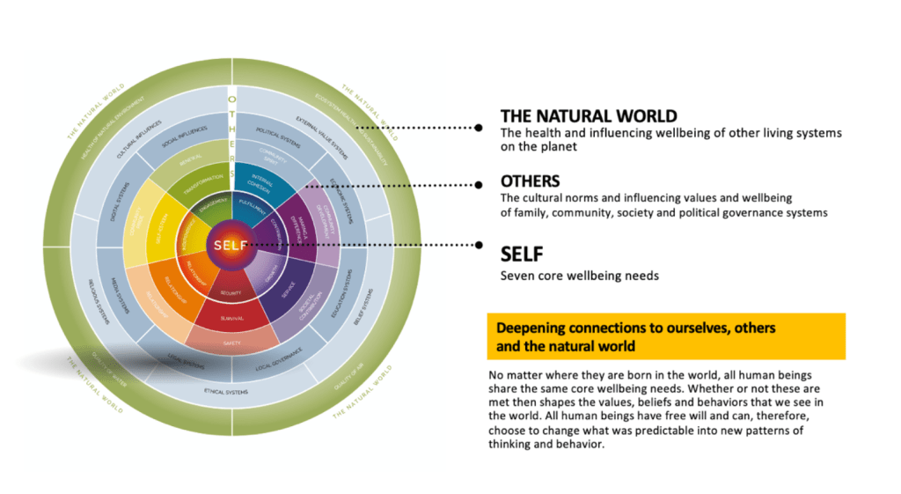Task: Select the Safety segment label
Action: (x=231, y=343)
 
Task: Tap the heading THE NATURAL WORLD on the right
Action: (x=588, y=116)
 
